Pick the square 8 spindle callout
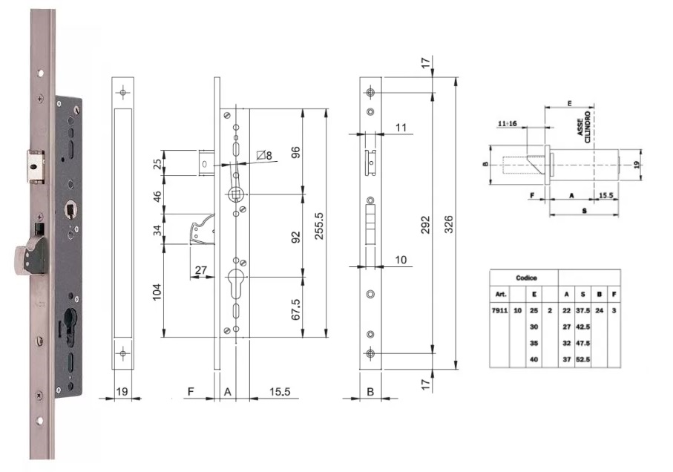click(264, 155)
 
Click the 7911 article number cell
click(500, 310)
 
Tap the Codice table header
click(527, 278)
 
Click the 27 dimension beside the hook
click(199, 270)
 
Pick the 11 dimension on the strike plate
click(401, 128)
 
